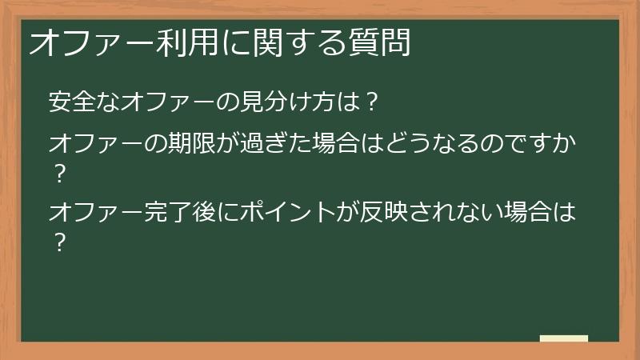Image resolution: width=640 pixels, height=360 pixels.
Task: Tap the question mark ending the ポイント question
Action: coord(58,241)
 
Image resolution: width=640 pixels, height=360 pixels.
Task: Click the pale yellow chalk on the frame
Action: coord(563,338)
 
